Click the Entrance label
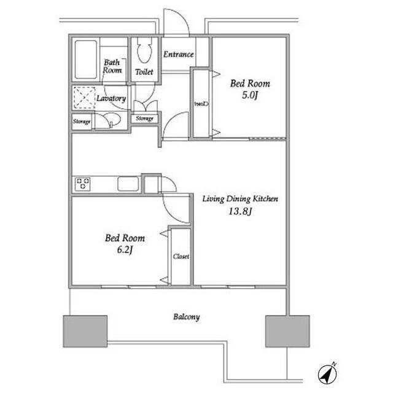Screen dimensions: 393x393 pos(179,54)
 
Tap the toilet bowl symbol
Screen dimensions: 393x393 pos(144,50)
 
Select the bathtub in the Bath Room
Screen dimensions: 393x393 pos(86,60)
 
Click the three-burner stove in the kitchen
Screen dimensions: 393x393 pos(83,184)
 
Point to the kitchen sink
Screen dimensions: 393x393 pos(128,184)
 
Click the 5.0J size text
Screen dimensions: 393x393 pos(250,95)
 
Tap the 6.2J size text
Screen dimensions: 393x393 pos(125,250)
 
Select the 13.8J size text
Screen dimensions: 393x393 pos(240,211)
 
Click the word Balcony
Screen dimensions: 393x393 pos(187,317)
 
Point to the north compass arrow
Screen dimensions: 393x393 pos(327,373)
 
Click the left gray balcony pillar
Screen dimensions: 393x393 pos(85,332)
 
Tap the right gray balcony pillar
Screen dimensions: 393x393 pos(287,332)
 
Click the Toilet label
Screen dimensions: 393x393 pos(144,72)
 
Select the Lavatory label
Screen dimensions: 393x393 pos(111,98)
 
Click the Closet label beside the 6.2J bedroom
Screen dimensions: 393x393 pos(181,257)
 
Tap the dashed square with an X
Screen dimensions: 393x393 pos(85,98)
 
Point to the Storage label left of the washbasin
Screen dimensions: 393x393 pos(82,122)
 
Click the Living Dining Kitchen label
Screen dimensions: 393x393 pos(240,199)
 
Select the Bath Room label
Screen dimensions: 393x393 pos(112,66)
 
